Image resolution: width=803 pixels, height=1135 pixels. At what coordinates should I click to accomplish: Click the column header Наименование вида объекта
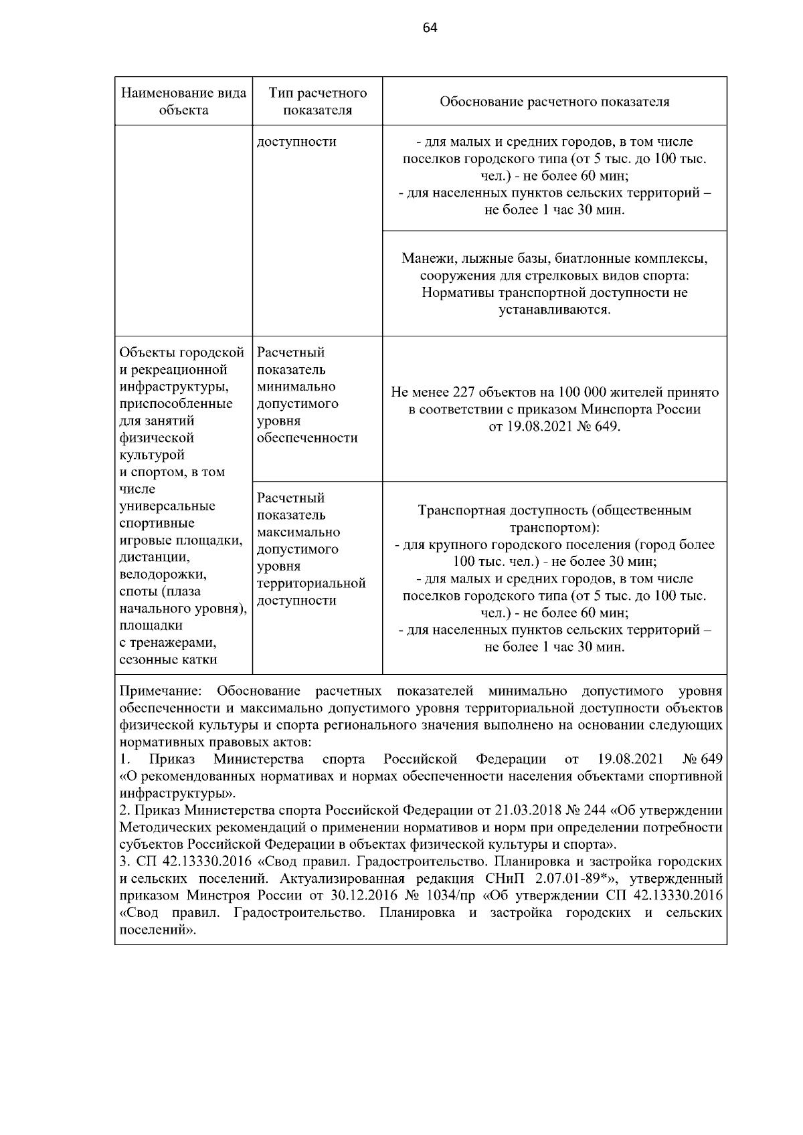183,102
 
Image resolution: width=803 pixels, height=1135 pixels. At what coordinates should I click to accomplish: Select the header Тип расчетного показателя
317,102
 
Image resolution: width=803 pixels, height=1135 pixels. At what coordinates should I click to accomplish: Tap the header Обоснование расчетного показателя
554,102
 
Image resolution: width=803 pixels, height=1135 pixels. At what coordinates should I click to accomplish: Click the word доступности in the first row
296,142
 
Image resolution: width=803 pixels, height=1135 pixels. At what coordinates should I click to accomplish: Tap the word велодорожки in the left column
163,575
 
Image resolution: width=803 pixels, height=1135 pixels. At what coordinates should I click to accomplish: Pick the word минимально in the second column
296,387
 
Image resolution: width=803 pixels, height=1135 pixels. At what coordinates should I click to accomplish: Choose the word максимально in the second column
298,532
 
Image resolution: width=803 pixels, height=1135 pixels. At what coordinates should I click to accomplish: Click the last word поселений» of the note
157,930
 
